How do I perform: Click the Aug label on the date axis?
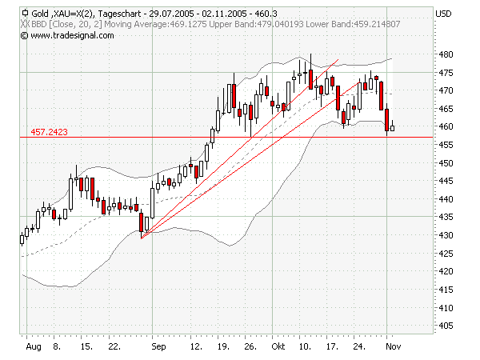pyautogui.click(x=32, y=348)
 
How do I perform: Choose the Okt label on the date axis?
pyautogui.click(x=278, y=348)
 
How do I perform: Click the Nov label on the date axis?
pyautogui.click(x=392, y=348)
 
